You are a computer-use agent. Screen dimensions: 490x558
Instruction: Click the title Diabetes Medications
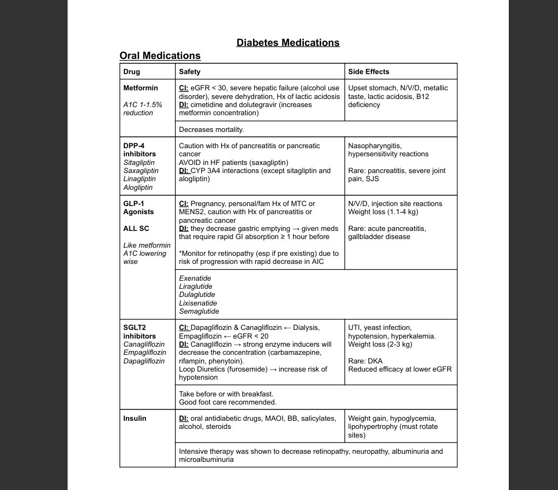[288, 43]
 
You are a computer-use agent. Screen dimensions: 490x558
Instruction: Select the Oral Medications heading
[160, 56]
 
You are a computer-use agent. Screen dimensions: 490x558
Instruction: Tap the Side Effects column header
[368, 71]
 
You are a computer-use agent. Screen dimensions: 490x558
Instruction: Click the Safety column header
[189, 71]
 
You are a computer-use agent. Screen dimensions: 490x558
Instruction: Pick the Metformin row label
[141, 88]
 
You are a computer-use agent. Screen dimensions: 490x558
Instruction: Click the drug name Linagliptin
[139, 179]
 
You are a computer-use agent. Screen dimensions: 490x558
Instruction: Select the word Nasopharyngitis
[375, 146]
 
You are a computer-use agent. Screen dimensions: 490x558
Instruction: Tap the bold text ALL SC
[136, 229]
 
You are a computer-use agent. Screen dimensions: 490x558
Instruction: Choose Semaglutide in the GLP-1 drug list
[199, 312]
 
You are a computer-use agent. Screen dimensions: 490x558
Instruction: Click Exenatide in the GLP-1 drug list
[195, 278]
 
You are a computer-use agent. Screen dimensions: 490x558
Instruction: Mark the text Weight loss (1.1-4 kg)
[383, 212]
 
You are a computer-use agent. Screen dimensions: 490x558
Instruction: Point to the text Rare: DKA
[365, 361]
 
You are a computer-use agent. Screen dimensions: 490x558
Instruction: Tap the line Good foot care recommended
[228, 402]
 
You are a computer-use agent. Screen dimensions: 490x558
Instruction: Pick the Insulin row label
[135, 419]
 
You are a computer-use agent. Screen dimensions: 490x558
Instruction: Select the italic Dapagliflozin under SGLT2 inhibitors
[144, 361]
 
